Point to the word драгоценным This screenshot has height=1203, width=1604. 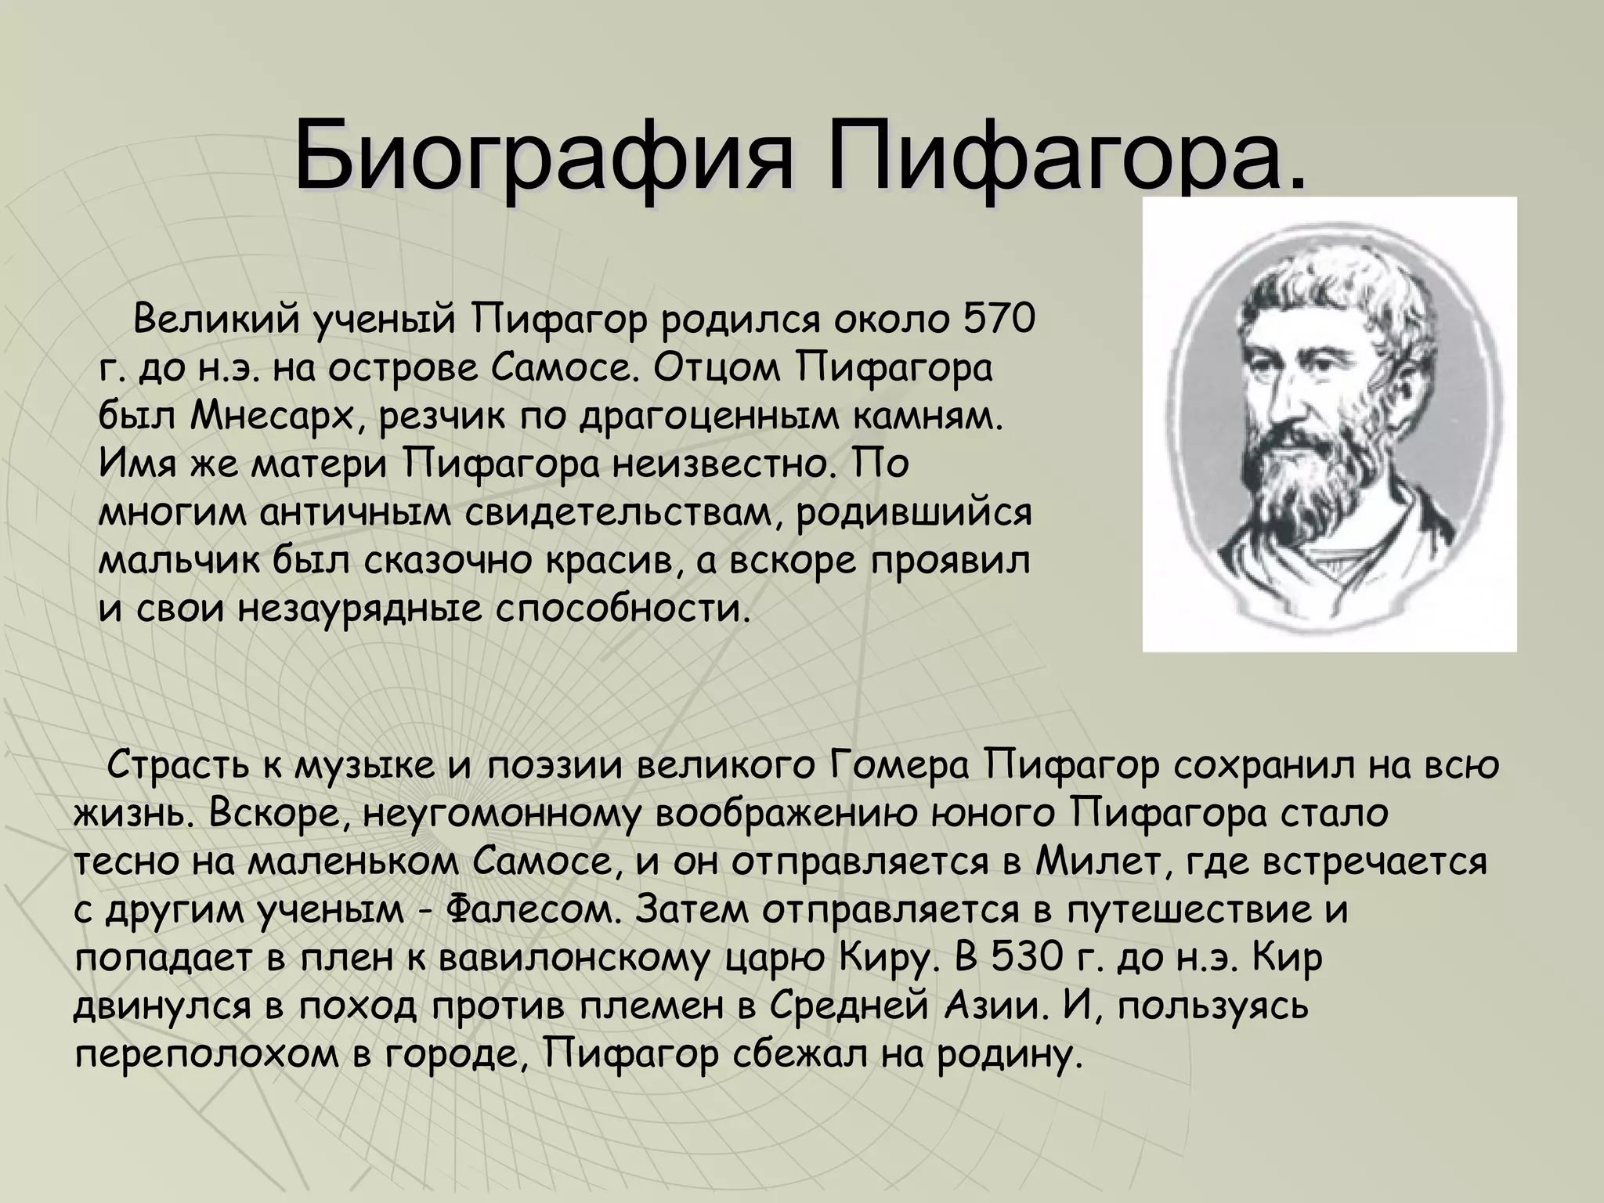pyautogui.click(x=708, y=417)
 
